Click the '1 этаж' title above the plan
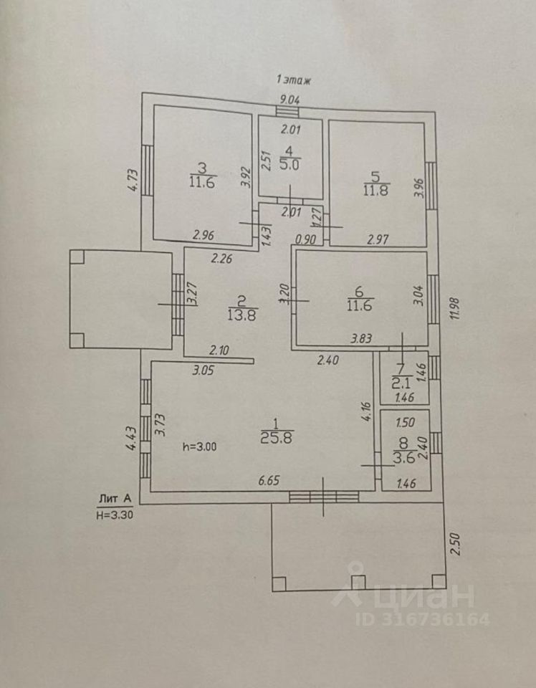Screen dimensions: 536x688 [294, 80]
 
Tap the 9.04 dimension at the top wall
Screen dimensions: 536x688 [289, 100]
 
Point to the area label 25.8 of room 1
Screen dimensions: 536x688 [277, 437]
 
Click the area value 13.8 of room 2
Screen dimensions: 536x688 [242, 315]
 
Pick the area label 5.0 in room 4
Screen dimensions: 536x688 [289, 165]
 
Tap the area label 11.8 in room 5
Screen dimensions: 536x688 [376, 191]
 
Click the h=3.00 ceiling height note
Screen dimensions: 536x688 [200, 446]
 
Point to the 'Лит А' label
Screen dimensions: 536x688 [115, 499]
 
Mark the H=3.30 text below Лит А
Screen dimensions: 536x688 [115, 515]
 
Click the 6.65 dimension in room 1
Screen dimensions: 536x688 [269, 480]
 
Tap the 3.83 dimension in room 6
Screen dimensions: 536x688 [361, 338]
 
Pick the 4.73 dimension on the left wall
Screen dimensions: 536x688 [133, 181]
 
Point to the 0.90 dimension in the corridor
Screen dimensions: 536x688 [305, 239]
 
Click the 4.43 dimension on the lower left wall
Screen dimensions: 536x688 [130, 439]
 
